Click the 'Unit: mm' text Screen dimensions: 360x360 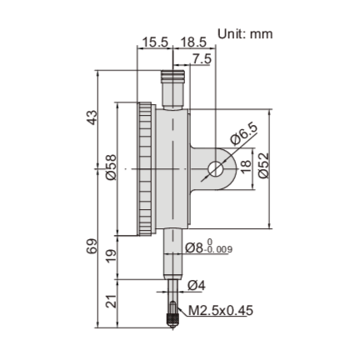(x=245, y=34)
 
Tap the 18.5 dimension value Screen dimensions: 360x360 (x=192, y=42)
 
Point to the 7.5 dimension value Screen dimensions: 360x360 (x=201, y=57)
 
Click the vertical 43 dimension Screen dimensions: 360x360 (x=92, y=118)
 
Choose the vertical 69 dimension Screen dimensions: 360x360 (x=92, y=247)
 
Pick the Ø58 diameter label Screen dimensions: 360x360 (x=111, y=166)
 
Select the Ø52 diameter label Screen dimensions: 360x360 (x=263, y=166)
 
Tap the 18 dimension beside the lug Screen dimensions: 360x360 (x=245, y=166)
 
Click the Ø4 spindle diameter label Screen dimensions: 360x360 (x=196, y=286)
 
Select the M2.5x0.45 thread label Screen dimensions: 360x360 (x=220, y=311)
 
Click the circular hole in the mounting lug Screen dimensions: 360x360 (x=214, y=168)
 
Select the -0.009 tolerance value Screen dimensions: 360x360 (x=219, y=249)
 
